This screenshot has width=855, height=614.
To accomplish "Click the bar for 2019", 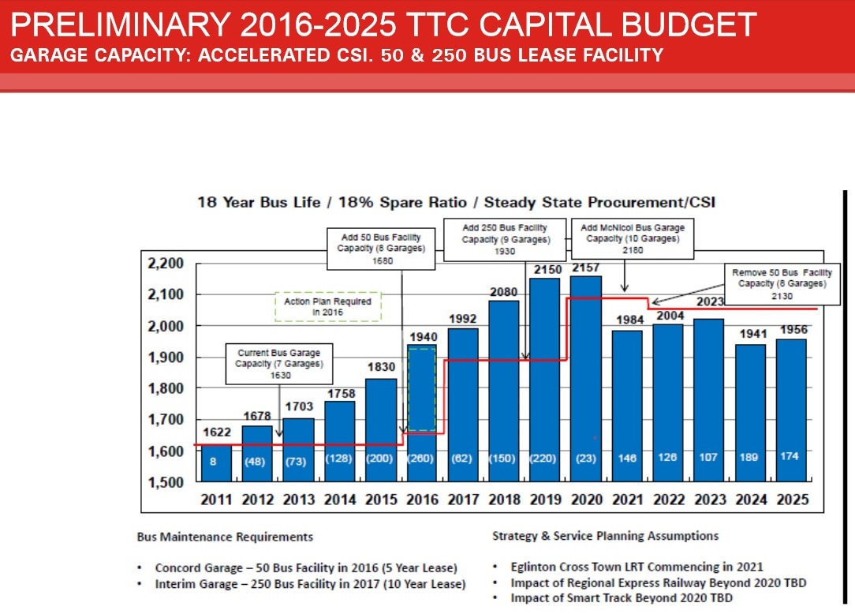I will pyautogui.click(x=544, y=379).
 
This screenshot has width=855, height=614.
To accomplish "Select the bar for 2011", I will pyautogui.click(x=216, y=466).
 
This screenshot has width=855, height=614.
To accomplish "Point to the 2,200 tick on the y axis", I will pyautogui.click(x=165, y=264).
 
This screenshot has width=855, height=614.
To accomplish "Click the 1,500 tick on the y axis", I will pyautogui.click(x=165, y=482).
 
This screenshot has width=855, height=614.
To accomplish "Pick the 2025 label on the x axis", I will pyautogui.click(x=791, y=500).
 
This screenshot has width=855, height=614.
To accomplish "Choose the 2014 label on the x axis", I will pyautogui.click(x=339, y=500).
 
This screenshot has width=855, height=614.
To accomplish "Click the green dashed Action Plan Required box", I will pyautogui.click(x=327, y=307).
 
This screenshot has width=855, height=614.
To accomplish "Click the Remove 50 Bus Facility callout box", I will pyautogui.click(x=781, y=283).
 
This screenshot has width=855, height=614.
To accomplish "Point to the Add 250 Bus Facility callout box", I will pyautogui.click(x=505, y=239).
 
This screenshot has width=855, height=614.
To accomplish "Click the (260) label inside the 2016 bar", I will pyautogui.click(x=421, y=458).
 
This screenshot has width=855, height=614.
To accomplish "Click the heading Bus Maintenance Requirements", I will pyautogui.click(x=225, y=537).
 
